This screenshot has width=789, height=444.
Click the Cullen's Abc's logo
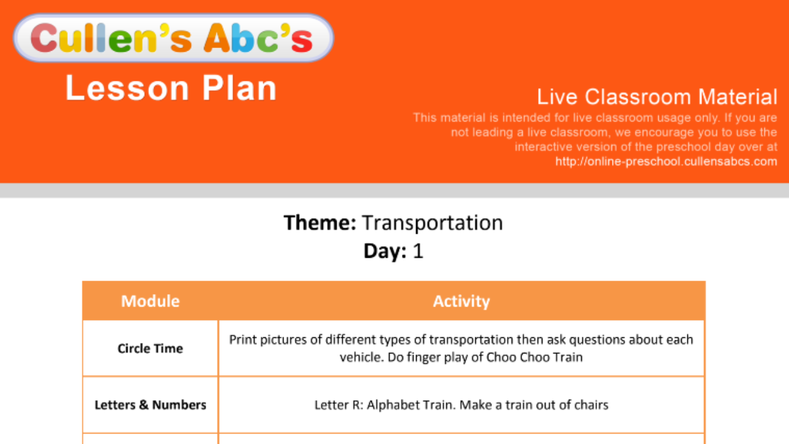(173, 38)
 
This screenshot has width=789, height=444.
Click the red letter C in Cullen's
(44, 38)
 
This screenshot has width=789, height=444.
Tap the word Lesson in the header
(128, 88)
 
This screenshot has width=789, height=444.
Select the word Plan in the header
(239, 88)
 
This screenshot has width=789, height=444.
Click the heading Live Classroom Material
(657, 97)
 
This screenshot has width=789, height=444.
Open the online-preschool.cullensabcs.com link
(666, 162)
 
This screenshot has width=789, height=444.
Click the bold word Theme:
(320, 223)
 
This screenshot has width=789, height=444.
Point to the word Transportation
(433, 223)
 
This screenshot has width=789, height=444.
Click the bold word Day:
(385, 251)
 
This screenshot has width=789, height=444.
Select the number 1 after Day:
(418, 251)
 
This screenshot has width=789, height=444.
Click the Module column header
(150, 302)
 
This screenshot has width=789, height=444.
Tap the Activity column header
(462, 302)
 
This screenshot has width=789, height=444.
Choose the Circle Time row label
(150, 348)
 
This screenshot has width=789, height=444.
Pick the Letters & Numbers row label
(150, 405)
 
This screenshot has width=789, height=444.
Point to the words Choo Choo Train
(534, 357)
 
